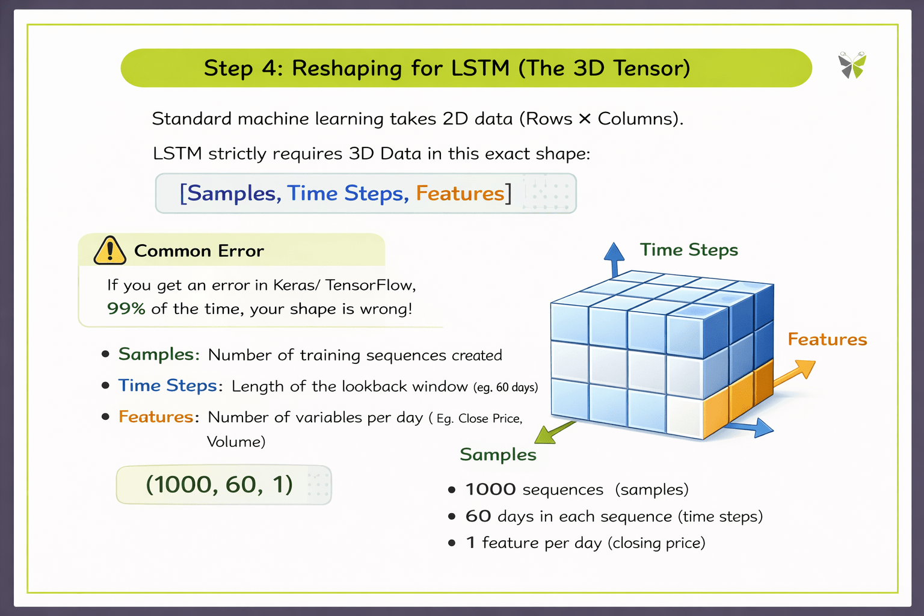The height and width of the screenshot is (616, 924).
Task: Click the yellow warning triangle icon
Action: coord(110,251)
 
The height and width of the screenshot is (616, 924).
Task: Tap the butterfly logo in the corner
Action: coord(852,65)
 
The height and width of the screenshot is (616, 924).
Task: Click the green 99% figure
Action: coord(126,309)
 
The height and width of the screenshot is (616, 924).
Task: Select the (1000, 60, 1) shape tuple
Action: coord(220,484)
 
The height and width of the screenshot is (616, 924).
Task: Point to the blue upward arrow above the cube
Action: coord(614,259)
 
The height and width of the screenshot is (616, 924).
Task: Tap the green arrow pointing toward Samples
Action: coord(554,433)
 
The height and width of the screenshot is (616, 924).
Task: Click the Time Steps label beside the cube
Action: coord(689,250)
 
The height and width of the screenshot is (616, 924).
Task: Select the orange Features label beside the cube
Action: coord(827,339)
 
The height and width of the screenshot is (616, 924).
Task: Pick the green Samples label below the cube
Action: coord(498,454)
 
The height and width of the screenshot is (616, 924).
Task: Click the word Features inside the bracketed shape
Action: coord(460,193)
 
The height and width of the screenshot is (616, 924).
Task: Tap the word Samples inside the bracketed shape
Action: coord(232,193)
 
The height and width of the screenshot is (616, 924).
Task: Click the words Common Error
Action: coord(199,251)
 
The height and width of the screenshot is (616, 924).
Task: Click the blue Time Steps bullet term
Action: coord(167,385)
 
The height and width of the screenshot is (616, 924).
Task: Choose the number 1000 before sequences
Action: coord(490,490)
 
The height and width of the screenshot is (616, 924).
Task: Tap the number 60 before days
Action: coord(478,516)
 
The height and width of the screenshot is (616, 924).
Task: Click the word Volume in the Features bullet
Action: coord(235,442)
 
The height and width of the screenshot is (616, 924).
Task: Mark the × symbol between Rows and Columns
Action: coord(585,119)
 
